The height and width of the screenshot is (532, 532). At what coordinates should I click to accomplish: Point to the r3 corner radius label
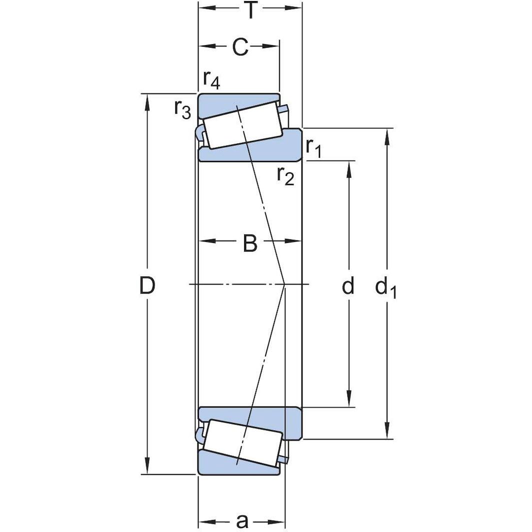point(182,108)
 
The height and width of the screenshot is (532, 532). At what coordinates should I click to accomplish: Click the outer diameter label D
point(147,286)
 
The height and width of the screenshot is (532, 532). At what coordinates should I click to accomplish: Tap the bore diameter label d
point(348,286)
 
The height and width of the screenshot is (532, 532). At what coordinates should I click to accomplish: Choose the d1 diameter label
point(385,287)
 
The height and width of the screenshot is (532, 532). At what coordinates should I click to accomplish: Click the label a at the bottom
point(242,521)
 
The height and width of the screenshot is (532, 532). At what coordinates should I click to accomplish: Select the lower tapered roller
point(243,442)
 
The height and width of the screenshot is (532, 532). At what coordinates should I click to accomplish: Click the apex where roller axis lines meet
point(284,284)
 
